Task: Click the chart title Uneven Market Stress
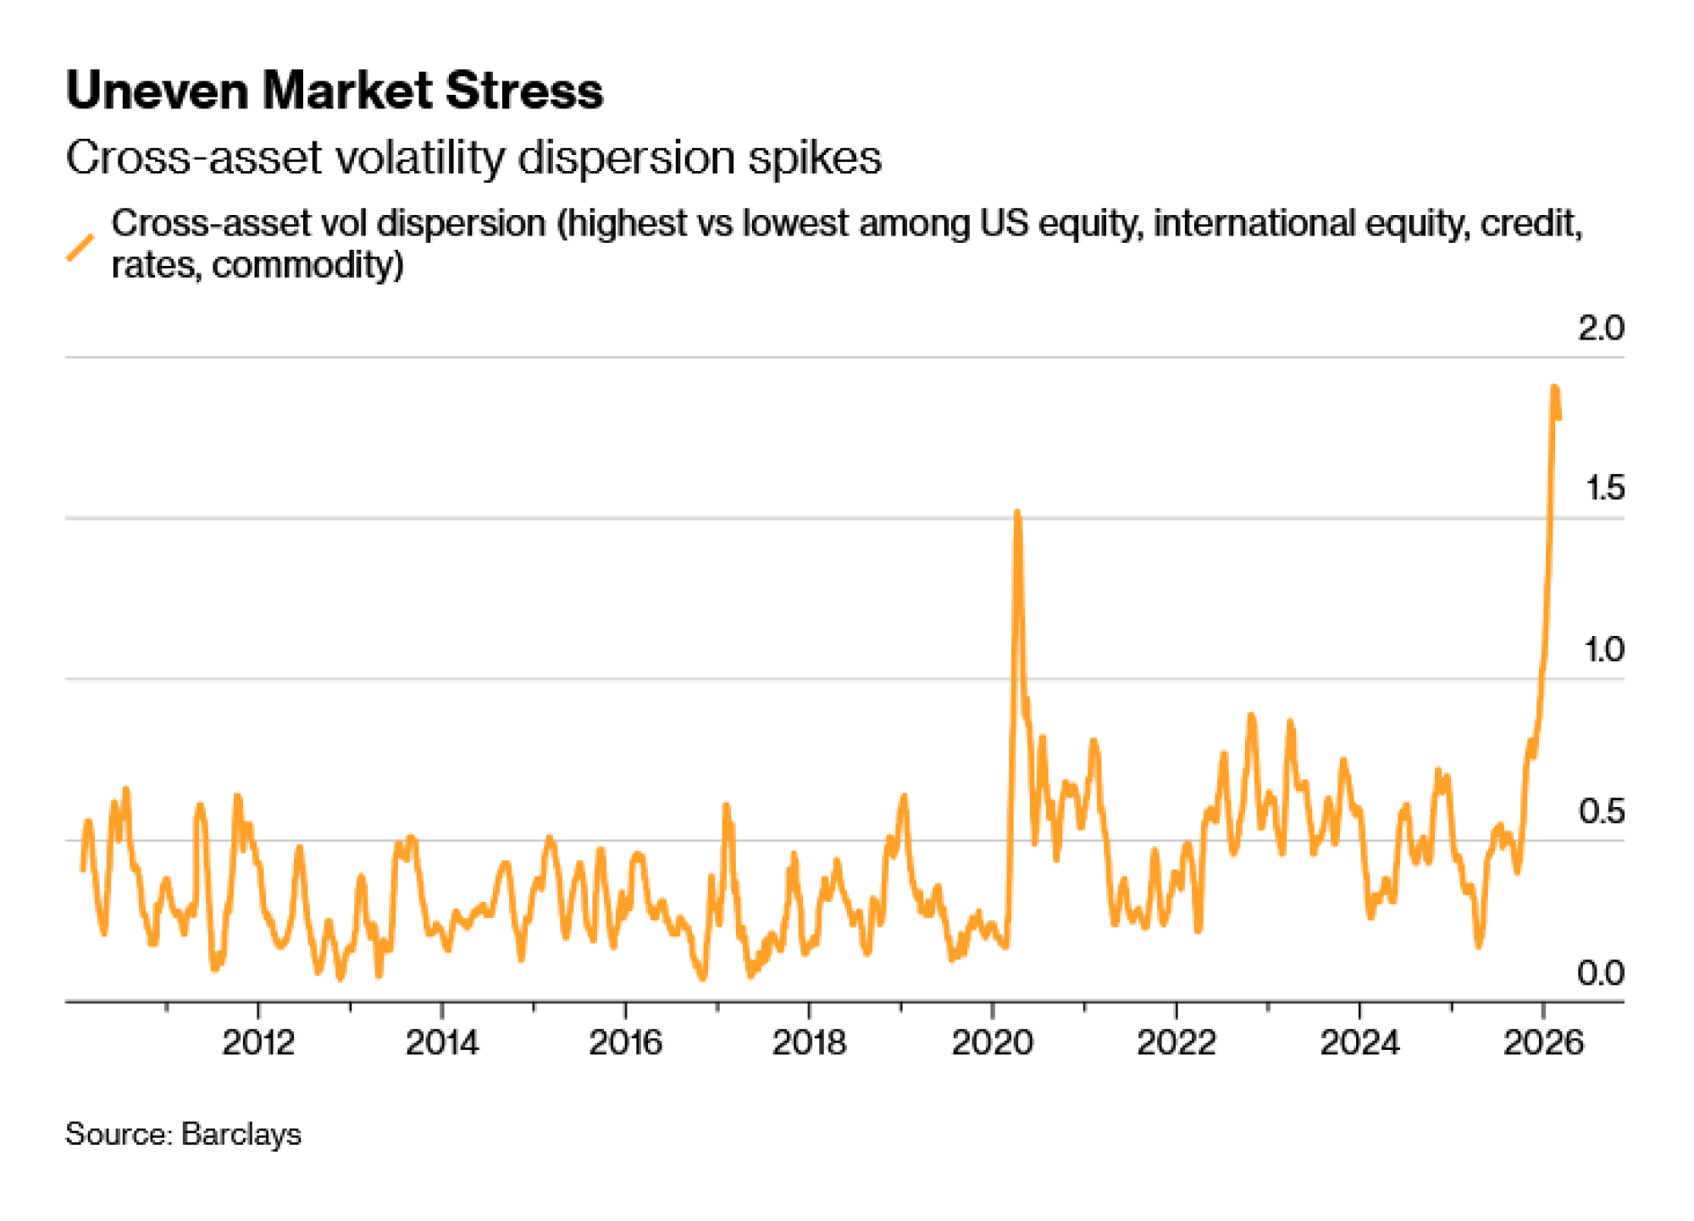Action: pos(335,91)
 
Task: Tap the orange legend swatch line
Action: pos(80,247)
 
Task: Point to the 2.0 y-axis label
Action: pos(1600,329)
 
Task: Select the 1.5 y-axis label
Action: pos(1603,489)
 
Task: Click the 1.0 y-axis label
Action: pos(1603,650)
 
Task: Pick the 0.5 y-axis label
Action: pos(1601,812)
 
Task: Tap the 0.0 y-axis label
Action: pos(1600,974)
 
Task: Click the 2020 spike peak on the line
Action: pos(1017,513)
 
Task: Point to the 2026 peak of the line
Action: pos(1555,388)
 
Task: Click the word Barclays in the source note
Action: pos(241,1135)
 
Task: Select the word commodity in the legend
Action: pos(307,266)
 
